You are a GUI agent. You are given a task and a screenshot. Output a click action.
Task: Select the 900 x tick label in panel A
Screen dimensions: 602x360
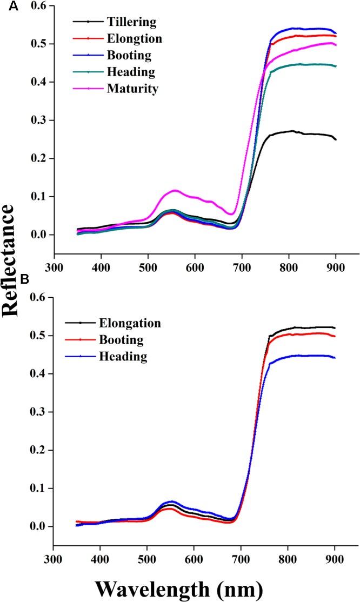[x=336, y=266]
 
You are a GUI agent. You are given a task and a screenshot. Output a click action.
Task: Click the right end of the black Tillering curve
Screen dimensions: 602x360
[x=336, y=139]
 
